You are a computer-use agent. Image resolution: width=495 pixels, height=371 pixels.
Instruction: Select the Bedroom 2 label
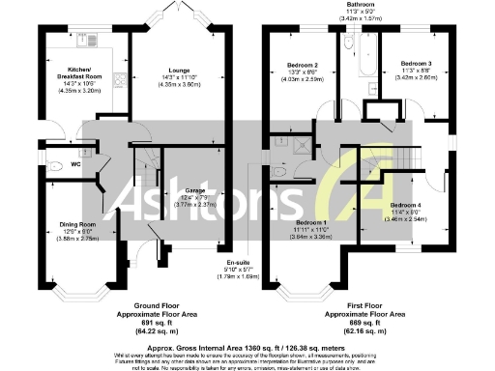click(x=305, y=66)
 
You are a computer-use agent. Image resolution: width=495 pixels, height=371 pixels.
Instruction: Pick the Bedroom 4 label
click(x=406, y=206)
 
